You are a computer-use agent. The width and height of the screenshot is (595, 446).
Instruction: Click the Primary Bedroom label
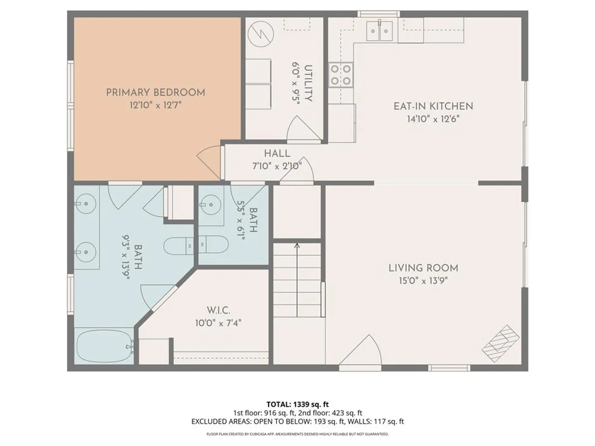click(x=155, y=93)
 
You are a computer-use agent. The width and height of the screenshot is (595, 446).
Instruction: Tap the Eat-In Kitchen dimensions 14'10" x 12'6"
click(x=433, y=119)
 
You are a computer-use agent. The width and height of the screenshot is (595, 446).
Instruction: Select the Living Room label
click(x=424, y=268)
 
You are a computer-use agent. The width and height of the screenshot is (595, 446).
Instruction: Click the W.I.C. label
click(x=219, y=310)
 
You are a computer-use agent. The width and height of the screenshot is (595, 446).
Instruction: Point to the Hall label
click(x=277, y=154)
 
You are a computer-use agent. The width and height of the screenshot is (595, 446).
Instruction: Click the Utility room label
click(x=308, y=83)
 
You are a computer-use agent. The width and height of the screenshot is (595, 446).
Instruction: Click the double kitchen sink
click(x=379, y=31)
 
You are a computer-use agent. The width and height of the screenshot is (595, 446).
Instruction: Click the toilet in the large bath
click(x=178, y=246)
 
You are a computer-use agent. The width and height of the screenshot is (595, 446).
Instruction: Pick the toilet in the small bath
click(x=214, y=244)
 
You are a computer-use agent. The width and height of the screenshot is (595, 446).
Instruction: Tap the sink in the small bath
click(x=211, y=205)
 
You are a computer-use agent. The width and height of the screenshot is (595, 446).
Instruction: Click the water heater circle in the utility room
click(x=261, y=34)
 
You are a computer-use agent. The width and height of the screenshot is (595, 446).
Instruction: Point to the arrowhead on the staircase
click(x=297, y=245)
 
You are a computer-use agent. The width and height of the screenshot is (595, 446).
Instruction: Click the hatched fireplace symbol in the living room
click(x=501, y=344)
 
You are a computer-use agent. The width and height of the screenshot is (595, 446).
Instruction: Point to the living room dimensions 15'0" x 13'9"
click(x=423, y=281)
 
